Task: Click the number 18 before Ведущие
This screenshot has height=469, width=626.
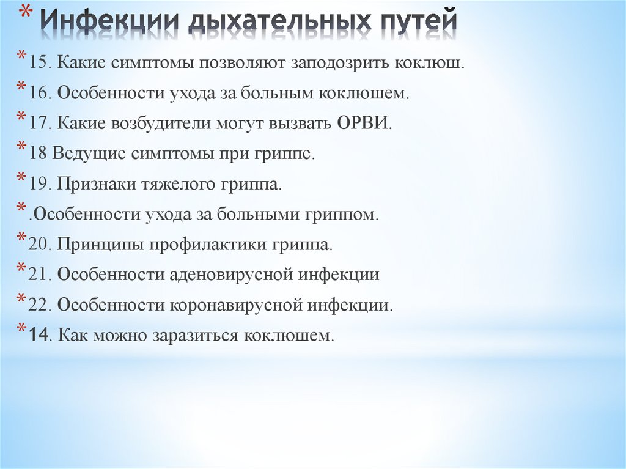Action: point(37,154)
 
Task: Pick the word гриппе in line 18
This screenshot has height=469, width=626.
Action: point(290,154)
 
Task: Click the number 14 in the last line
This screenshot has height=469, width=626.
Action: point(38,335)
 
